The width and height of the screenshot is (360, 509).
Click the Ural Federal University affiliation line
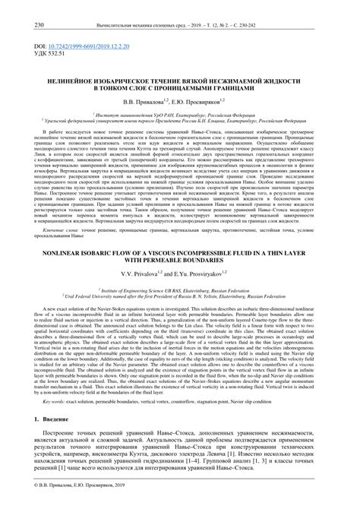pyautogui.click(x=180, y=290)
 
